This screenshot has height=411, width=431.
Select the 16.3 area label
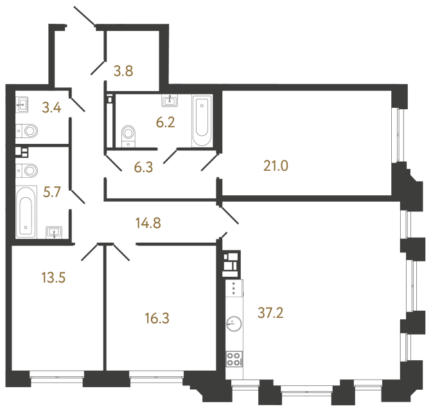pos(158,317)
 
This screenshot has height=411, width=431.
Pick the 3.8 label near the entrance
pos(123,71)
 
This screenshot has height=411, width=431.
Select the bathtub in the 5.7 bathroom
pos(26,211)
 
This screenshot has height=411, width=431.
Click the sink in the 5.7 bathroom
pos(55,232)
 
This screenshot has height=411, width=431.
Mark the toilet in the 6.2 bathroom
pos(129,136)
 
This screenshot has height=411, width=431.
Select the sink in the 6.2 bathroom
pos(171,100)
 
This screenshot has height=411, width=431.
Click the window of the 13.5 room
pos(57,379)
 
